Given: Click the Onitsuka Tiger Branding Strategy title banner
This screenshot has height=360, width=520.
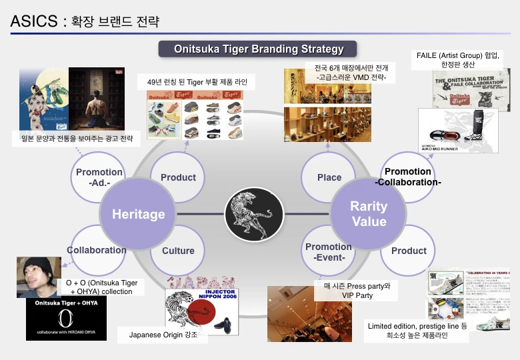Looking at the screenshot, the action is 259,49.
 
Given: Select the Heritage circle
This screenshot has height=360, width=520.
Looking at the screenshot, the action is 138,214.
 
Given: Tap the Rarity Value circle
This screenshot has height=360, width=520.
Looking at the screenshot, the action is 368,214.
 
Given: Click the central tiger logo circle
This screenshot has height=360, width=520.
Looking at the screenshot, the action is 254,214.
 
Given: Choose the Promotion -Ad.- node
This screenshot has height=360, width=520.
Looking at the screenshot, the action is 99,177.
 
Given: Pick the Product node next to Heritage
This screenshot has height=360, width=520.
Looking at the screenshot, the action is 178,177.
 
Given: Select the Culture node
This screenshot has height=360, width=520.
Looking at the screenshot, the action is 178,251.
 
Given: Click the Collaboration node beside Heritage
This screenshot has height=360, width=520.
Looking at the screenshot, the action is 97,251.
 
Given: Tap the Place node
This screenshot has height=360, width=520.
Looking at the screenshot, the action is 329,177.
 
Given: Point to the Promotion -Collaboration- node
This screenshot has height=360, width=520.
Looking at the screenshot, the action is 408,177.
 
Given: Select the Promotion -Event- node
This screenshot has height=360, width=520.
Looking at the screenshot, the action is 329,251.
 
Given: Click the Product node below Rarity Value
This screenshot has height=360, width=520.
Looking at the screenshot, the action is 409,251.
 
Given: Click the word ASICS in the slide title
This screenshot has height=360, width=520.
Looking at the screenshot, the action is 33,21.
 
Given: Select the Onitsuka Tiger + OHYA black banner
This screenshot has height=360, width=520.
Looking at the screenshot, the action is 57,319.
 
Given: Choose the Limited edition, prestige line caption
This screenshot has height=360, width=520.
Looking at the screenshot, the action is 418,331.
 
